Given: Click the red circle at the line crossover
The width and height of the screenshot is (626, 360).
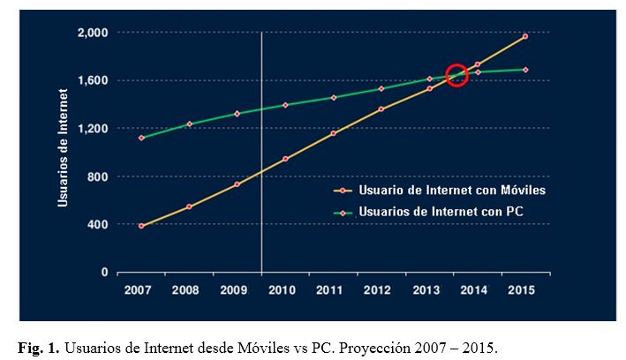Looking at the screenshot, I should [x=456, y=76].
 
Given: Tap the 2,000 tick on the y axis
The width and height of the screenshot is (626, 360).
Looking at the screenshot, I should [x=93, y=33].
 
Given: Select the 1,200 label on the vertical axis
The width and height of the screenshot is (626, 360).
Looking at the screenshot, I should [x=93, y=129].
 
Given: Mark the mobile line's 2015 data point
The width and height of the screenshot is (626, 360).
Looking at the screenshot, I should [x=525, y=36].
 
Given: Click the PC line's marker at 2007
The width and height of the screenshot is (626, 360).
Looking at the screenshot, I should [x=141, y=138].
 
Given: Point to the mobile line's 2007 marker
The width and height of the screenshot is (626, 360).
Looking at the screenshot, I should [x=141, y=226].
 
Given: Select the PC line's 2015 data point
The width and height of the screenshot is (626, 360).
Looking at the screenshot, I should [x=525, y=70].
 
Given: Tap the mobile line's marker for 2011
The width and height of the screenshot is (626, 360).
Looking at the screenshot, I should [x=333, y=133].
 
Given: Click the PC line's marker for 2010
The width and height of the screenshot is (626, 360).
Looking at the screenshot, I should [x=285, y=105].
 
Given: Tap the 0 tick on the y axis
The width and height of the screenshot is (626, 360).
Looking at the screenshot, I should [x=104, y=272].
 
